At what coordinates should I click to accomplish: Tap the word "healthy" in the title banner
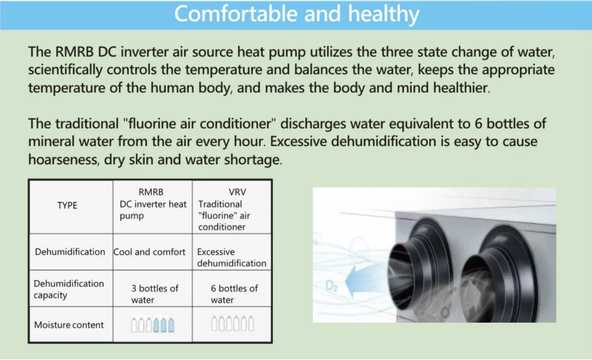coord(384,15)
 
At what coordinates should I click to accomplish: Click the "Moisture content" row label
coord(69,325)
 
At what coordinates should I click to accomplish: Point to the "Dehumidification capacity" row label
coord(69,289)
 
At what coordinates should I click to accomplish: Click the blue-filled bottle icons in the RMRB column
coord(164,325)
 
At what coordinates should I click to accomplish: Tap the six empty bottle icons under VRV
coord(233,323)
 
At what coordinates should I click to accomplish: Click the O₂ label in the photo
coord(331,286)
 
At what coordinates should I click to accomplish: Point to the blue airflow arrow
coord(365,281)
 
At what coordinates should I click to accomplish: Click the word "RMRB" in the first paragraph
coord(74,52)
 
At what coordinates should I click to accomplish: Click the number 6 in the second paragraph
coord(478,124)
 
